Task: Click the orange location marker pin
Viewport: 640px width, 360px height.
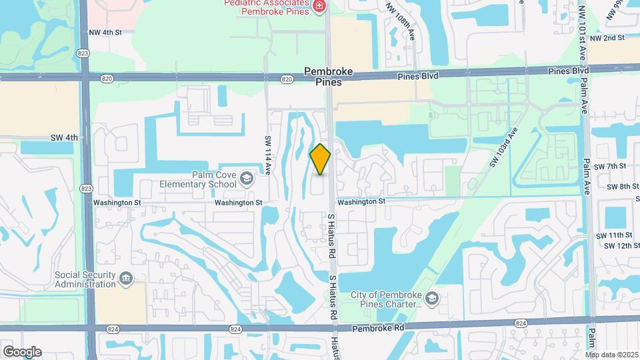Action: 321,159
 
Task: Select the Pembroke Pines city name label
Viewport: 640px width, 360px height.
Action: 323,77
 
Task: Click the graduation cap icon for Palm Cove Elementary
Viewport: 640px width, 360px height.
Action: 246,177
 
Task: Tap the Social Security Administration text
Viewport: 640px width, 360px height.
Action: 85,279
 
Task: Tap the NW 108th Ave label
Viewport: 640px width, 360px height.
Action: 401,20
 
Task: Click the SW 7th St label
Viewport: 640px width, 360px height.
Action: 613,166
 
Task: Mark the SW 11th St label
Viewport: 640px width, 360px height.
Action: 613,235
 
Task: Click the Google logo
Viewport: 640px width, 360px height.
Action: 21,351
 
